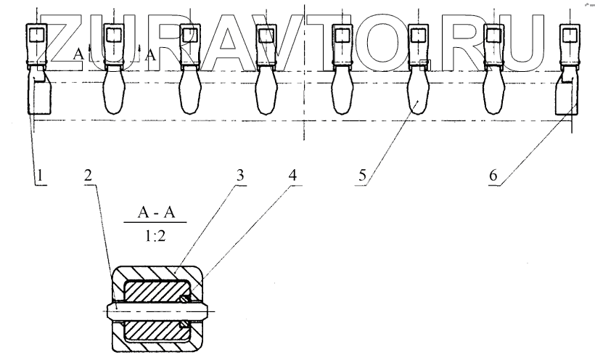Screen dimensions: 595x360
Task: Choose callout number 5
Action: (x=363, y=173)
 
